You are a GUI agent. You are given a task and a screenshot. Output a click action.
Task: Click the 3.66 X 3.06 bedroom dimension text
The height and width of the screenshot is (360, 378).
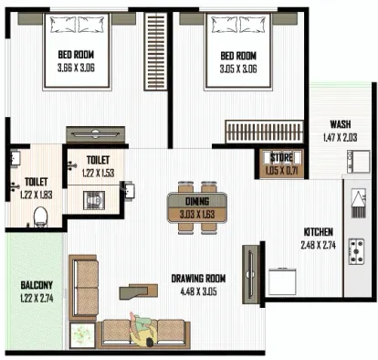click(76, 68)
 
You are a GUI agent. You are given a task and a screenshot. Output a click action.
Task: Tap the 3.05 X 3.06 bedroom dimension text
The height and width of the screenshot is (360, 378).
click(238, 69)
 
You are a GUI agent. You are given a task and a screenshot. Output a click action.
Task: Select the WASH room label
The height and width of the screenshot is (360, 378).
click(341, 124)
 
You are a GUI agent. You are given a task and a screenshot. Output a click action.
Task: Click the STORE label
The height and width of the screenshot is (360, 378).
click(281, 158)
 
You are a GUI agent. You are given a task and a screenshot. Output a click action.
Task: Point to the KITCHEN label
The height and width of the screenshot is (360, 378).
click(319, 232)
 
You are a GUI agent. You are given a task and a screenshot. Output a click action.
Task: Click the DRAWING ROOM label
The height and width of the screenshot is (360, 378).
click(198, 279)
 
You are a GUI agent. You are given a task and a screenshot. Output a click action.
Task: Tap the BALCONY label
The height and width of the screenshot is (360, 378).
click(37, 285)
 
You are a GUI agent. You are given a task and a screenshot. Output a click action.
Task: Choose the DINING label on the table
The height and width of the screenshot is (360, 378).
click(197, 201)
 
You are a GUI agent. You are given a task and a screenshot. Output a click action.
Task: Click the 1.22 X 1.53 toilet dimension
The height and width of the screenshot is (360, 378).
click(98, 173)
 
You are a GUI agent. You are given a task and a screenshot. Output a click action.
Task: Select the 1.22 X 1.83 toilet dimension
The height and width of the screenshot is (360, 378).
click(37, 195)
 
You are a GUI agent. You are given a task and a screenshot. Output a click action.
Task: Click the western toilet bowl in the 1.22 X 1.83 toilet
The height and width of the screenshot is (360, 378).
click(40, 217)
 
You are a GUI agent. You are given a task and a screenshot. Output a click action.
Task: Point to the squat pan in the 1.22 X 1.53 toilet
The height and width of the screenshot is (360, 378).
click(94, 200)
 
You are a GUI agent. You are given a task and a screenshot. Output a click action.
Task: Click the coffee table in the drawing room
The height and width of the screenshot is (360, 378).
click(139, 291)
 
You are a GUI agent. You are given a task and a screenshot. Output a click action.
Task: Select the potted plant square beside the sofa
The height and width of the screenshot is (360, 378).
click(82, 335)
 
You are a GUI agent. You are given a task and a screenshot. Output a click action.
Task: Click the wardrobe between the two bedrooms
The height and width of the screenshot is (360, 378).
click(155, 51)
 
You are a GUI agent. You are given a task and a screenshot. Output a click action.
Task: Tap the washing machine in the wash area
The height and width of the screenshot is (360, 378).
click(359, 162)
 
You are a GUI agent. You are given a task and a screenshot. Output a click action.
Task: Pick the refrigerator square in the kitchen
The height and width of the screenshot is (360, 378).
click(282, 281)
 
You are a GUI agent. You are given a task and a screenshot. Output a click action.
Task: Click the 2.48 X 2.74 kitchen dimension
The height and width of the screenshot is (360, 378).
click(319, 245)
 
